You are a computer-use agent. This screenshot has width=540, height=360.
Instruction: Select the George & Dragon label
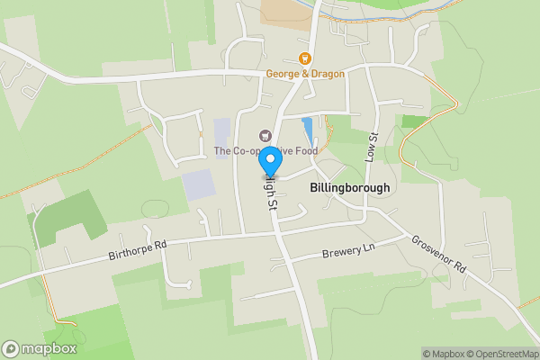point(305,74)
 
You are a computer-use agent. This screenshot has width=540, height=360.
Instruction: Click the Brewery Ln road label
point(347,251)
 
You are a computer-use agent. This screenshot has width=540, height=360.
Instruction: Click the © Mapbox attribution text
point(443,354)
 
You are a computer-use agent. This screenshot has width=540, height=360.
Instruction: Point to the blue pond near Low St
point(309,133)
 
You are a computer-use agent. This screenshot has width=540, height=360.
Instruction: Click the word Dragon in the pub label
point(325,74)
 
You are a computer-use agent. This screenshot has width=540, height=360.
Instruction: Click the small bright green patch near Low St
point(413,121)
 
